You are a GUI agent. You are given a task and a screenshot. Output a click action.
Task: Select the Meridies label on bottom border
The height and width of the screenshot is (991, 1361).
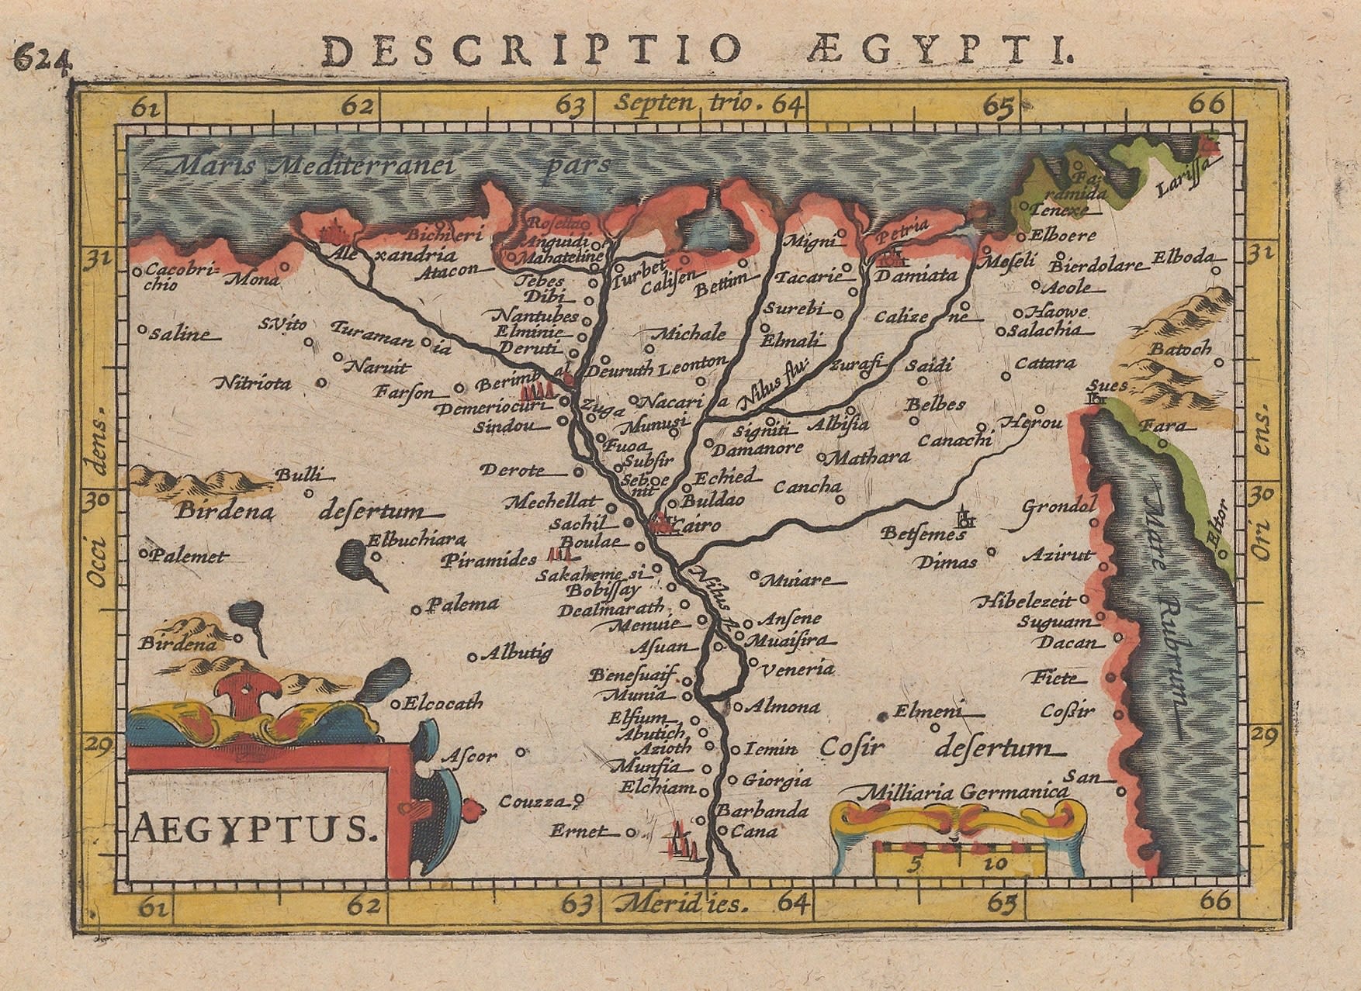[680, 903]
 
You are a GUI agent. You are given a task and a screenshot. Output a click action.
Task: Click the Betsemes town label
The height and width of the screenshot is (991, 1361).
[923, 534]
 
